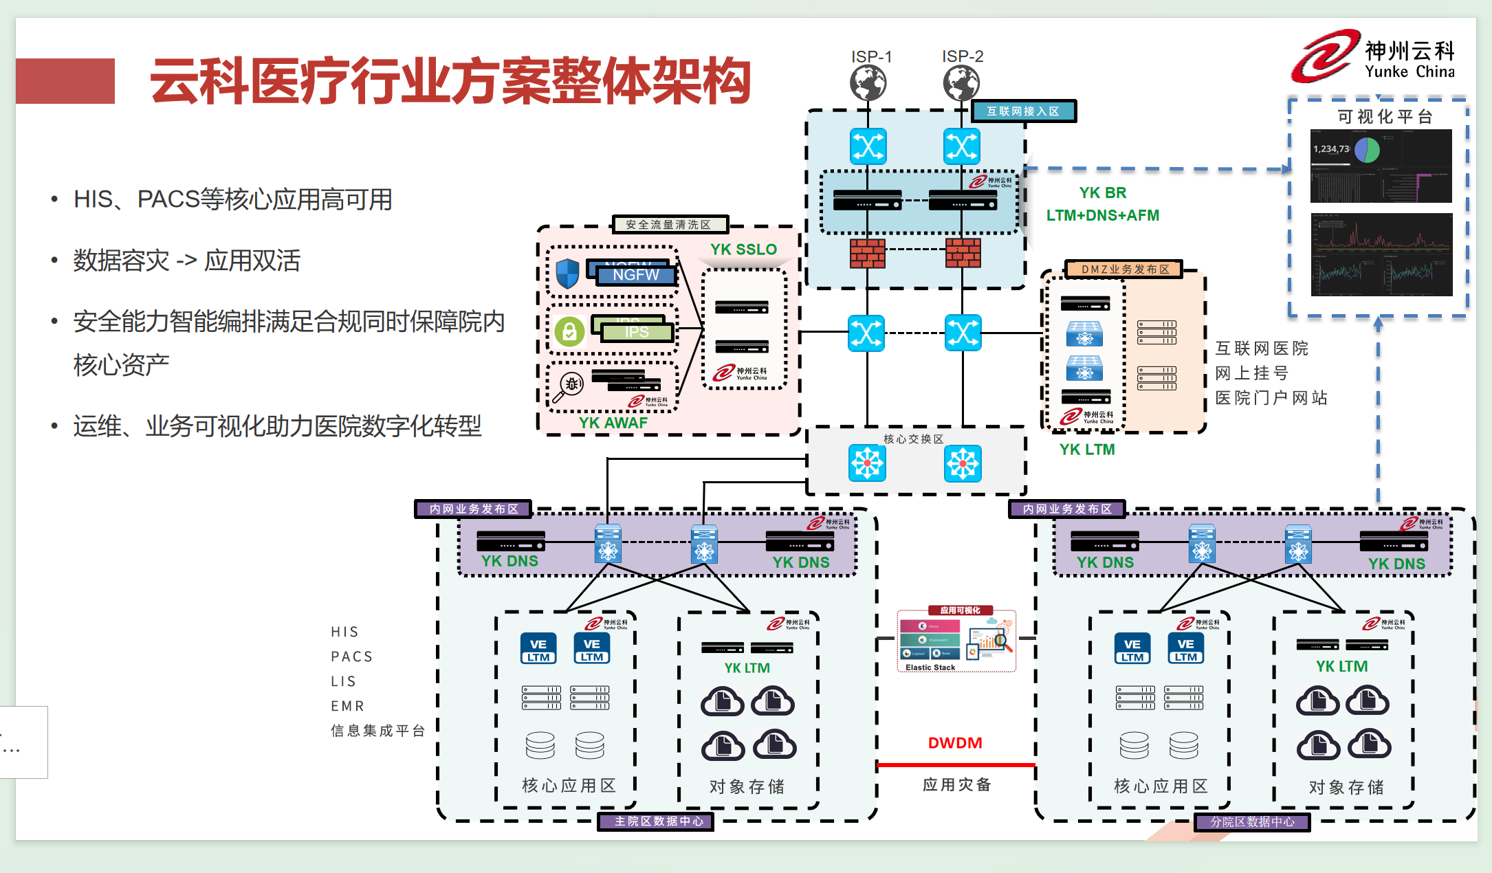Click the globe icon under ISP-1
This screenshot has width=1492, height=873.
868,84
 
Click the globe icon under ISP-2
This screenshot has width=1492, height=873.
961,84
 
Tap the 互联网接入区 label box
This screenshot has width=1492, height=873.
1023,111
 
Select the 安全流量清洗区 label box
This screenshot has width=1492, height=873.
669,225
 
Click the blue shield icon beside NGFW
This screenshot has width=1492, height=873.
567,274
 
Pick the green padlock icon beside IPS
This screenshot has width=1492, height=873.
569,332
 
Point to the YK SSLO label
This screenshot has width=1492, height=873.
743,250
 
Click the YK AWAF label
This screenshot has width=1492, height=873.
613,423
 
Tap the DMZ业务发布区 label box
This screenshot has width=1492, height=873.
1125,269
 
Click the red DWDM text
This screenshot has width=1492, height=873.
955,743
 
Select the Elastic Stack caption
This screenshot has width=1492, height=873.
930,667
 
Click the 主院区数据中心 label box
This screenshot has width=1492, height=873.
659,821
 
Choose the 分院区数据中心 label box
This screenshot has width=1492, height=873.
1252,822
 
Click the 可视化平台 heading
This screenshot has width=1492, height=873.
1385,117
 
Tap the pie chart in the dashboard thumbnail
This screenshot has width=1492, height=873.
1367,150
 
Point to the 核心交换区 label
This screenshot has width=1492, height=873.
913,439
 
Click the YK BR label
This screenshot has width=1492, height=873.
1102,193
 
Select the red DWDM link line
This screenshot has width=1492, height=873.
956,764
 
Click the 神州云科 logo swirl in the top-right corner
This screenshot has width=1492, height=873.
1324,56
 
